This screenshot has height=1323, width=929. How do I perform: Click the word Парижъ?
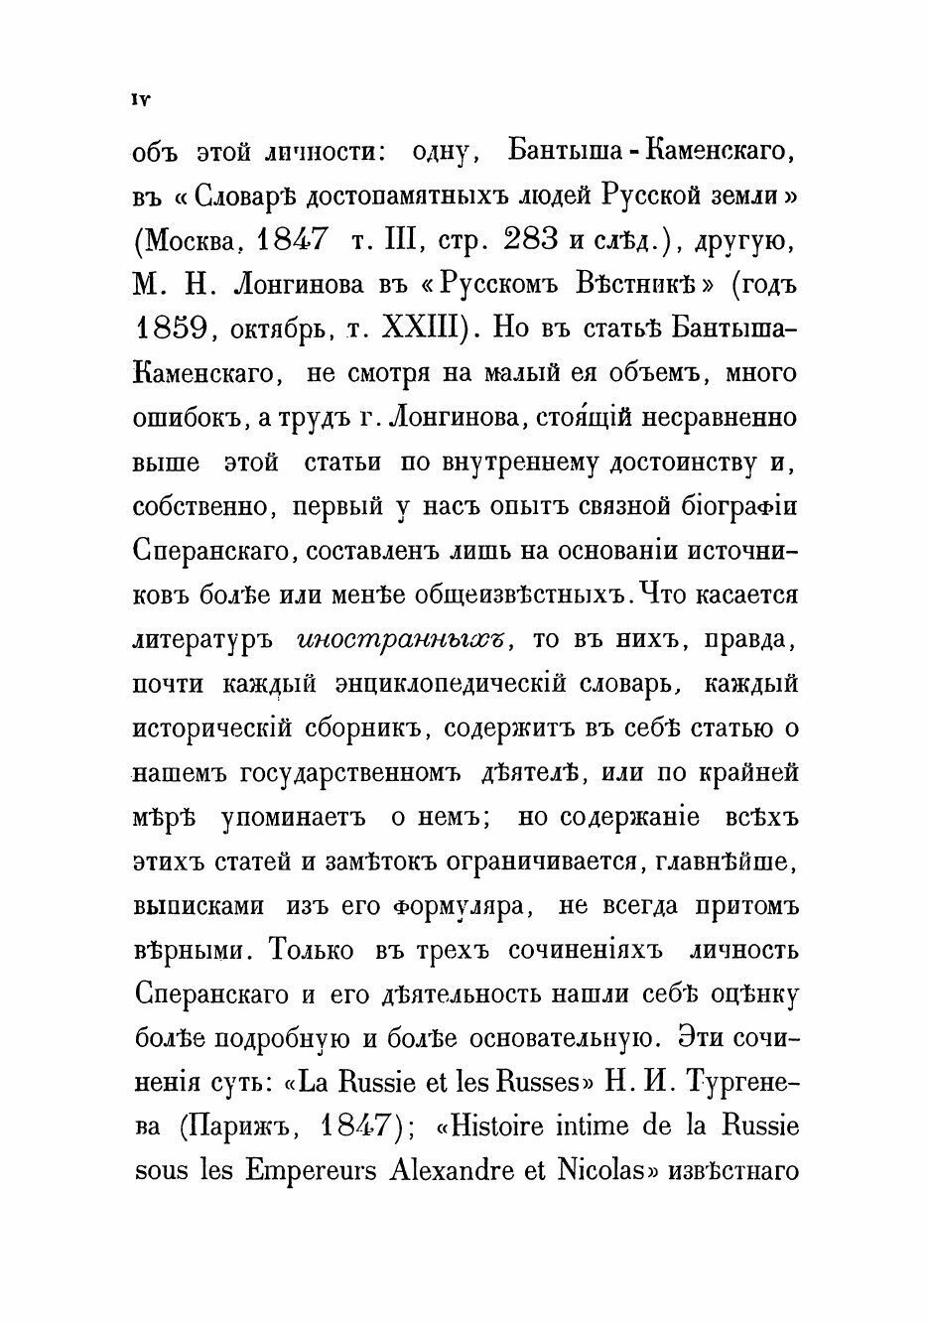click(247, 1128)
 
